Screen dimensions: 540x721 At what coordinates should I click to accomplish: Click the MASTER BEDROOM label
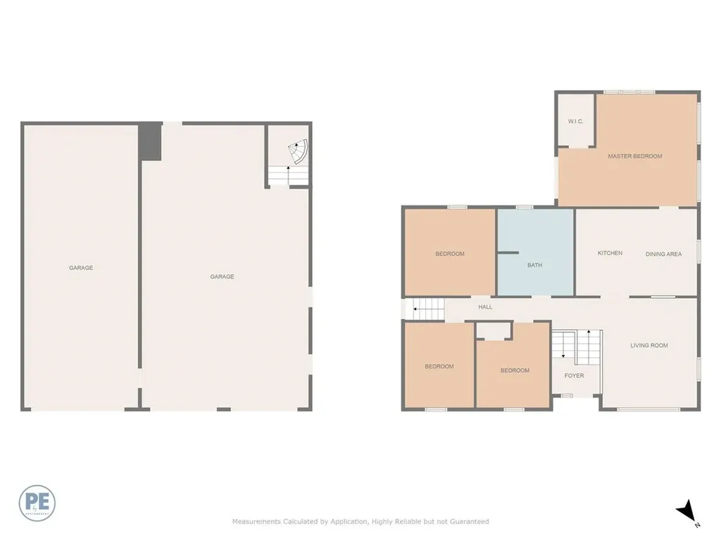click(x=634, y=156)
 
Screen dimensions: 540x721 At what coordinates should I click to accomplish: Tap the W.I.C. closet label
click(x=575, y=122)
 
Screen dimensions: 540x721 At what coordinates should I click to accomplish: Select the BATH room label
click(x=534, y=265)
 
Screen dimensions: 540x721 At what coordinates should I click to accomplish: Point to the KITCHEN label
click(x=610, y=253)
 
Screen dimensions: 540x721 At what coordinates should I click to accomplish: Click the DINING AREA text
click(x=663, y=254)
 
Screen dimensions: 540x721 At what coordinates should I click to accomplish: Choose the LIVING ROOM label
click(x=648, y=345)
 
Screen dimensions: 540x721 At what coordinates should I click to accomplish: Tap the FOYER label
click(x=574, y=375)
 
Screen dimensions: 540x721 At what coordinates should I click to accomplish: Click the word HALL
click(x=485, y=307)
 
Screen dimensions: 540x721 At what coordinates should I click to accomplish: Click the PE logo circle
click(x=37, y=503)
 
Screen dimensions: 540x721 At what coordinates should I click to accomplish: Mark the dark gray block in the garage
click(x=150, y=141)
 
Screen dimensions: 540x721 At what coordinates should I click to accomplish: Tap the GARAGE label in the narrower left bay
click(x=81, y=268)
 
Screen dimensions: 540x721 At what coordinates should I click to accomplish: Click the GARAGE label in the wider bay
click(x=222, y=277)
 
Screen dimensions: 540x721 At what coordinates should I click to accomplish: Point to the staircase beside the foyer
click(x=576, y=347)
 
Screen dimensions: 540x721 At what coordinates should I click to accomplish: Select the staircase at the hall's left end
click(x=429, y=308)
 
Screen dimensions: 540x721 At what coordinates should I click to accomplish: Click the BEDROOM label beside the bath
click(x=449, y=254)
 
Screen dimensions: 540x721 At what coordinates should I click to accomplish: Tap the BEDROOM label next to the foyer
click(x=515, y=371)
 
